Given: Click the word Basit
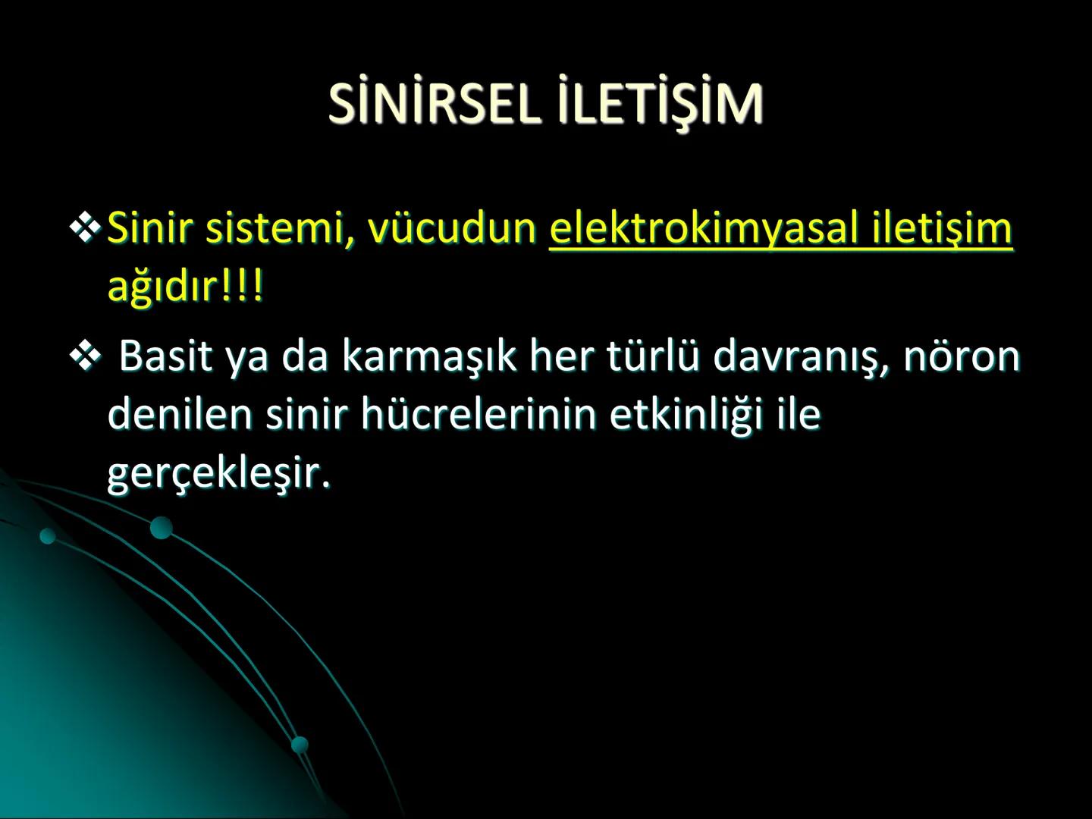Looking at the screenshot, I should tap(165, 356).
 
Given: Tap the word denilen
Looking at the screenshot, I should tap(180, 415).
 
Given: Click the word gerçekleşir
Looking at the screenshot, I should tap(219, 474).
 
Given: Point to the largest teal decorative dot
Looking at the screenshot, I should tap(161, 527).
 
